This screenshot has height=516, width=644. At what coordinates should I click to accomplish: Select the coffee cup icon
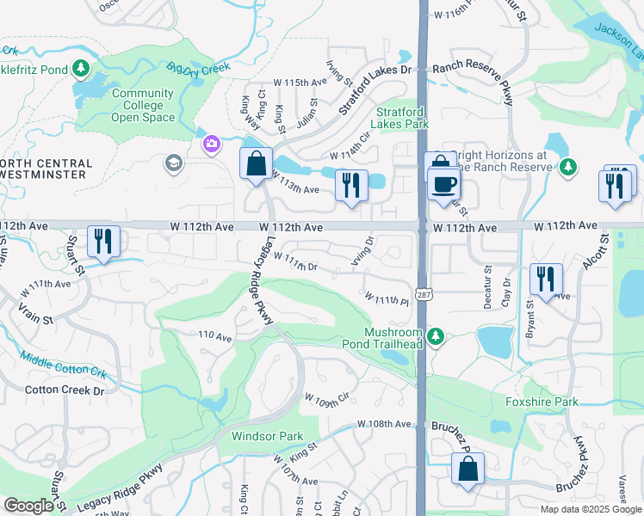click(x=444, y=184)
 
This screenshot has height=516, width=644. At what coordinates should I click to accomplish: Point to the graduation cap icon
click(x=173, y=163)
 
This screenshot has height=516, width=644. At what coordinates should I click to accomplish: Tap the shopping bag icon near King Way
click(x=256, y=163)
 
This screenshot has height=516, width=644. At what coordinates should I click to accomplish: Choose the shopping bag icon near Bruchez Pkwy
click(x=468, y=470)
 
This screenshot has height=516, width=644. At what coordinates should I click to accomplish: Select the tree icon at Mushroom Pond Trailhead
click(x=436, y=335)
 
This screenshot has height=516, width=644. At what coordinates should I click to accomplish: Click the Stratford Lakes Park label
click(x=403, y=118)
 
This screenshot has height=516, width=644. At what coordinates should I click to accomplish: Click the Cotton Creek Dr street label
click(x=64, y=390)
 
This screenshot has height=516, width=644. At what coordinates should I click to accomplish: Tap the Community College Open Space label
click(x=143, y=105)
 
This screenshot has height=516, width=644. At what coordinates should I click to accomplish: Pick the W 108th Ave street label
click(x=385, y=424)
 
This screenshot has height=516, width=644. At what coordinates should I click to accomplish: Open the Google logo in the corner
click(x=28, y=506)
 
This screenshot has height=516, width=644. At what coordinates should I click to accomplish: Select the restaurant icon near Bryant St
click(x=546, y=278)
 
